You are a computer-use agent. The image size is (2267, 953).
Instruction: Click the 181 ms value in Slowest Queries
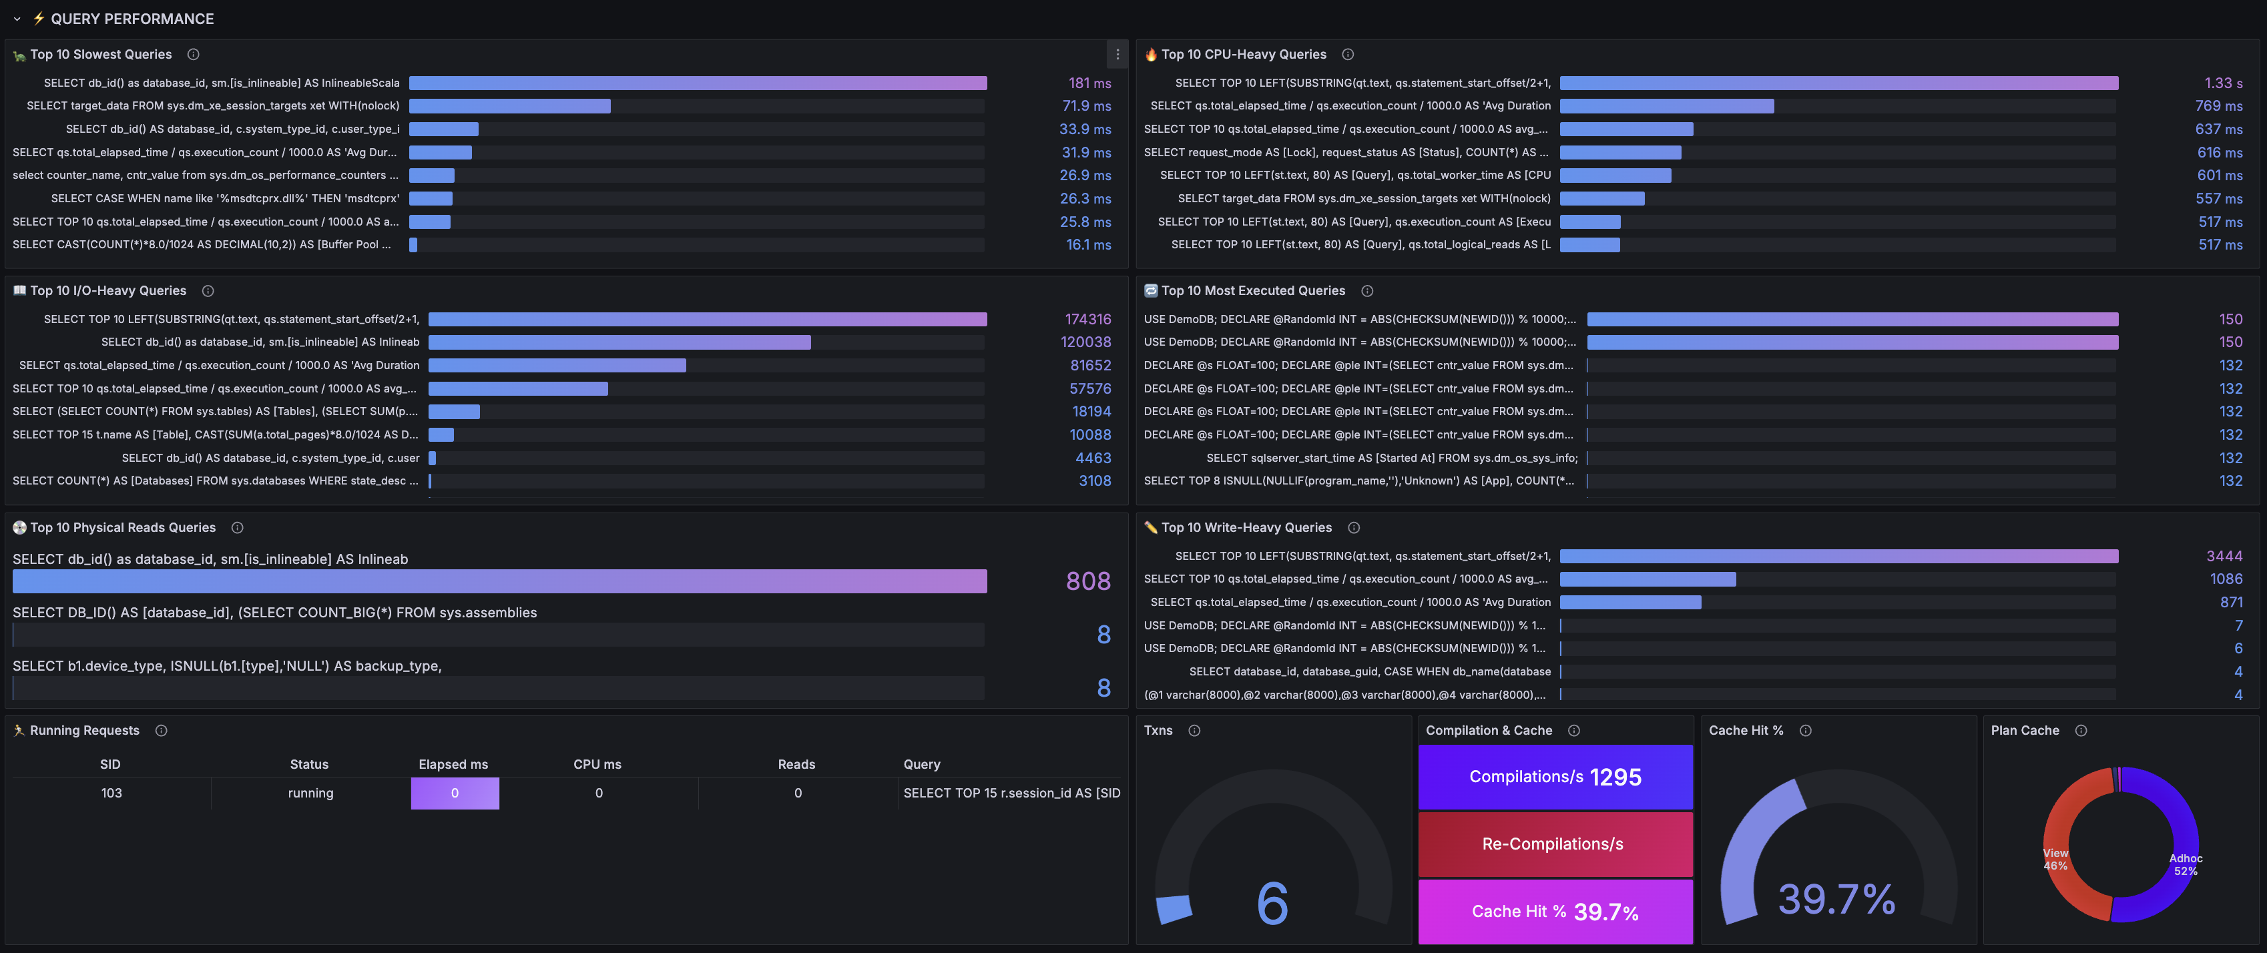[1089, 83]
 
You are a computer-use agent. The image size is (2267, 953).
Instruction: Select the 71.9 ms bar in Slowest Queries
[509, 105]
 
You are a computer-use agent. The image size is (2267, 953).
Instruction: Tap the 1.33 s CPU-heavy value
[2223, 83]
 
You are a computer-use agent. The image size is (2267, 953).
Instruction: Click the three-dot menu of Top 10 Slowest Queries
[1117, 55]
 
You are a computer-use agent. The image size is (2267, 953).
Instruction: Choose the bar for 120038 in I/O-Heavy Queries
[619, 342]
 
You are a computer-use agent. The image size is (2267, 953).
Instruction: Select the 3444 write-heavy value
[2224, 555]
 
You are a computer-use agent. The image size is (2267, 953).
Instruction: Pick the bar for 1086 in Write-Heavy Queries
[1648, 579]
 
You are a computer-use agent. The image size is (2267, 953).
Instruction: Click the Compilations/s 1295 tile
[1555, 777]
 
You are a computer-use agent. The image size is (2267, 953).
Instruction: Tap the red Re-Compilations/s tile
[1555, 844]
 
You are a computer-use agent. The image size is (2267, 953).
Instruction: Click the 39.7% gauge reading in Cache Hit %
[1836, 900]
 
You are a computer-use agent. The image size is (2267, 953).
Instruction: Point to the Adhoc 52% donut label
[2186, 864]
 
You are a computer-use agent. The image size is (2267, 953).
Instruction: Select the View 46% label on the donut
[2056, 859]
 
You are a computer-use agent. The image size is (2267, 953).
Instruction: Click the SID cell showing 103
[111, 793]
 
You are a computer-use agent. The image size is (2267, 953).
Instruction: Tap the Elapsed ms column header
[453, 764]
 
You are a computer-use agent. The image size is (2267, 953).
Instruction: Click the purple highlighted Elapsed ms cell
[455, 793]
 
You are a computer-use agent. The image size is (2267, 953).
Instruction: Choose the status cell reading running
[310, 793]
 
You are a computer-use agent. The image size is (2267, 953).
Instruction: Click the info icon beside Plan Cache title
[2081, 730]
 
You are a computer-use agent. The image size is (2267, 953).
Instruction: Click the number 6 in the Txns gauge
[1272, 903]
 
